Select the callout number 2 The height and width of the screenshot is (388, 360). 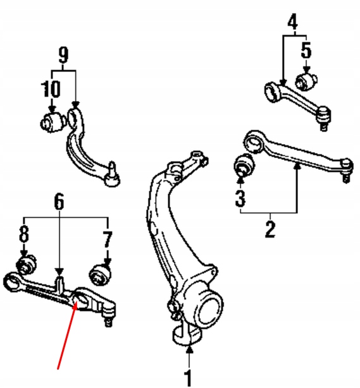click(x=270, y=228)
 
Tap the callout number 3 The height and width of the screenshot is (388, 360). click(x=240, y=198)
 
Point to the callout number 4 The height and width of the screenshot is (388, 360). click(x=292, y=23)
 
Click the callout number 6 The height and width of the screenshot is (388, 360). click(x=58, y=202)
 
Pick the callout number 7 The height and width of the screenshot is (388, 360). click(x=107, y=239)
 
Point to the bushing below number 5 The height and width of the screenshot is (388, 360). click(x=307, y=81)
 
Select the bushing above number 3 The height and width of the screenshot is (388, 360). click(x=243, y=166)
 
